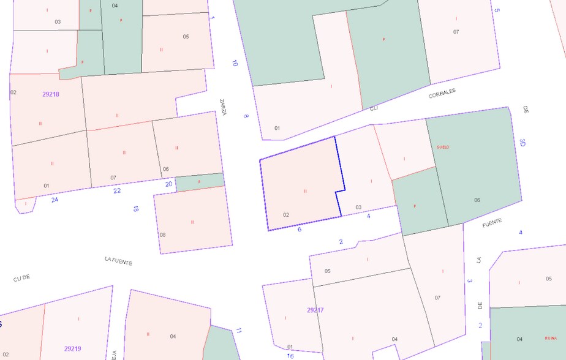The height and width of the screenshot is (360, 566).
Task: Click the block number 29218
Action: [51, 94]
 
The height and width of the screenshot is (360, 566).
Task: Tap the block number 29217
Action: [315, 310]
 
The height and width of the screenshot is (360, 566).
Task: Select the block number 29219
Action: [72, 349]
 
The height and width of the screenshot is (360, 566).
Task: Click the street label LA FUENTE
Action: [118, 261]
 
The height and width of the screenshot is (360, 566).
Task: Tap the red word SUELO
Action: [443, 148]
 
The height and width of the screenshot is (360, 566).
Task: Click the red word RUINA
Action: [551, 338]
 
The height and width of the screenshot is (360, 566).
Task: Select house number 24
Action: [55, 200]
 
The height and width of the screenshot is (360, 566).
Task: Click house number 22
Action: [117, 190]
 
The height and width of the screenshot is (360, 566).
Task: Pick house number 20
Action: [168, 184]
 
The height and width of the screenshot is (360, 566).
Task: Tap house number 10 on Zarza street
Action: [235, 62]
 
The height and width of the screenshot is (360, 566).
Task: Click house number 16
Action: [290, 356]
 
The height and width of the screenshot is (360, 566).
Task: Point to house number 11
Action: [239, 331]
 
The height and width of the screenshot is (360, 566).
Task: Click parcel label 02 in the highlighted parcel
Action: [286, 215]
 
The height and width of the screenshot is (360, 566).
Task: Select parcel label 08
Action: [162, 234]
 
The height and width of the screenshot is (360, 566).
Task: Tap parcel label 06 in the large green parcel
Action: [477, 200]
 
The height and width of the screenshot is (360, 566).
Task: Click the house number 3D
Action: [523, 143]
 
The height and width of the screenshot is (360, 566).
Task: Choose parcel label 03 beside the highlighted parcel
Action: [358, 208]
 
